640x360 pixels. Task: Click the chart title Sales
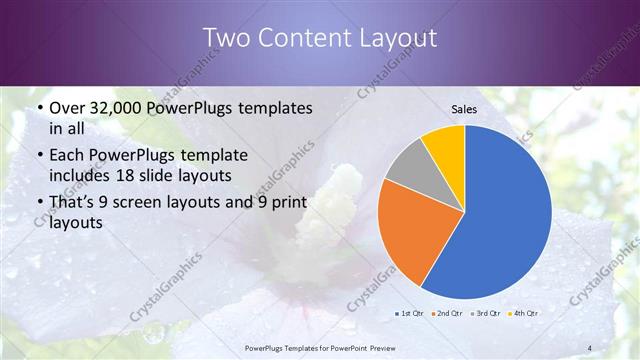coord(465,108)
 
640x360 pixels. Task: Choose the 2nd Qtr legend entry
coord(446,314)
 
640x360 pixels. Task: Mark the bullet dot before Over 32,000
coord(38,108)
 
